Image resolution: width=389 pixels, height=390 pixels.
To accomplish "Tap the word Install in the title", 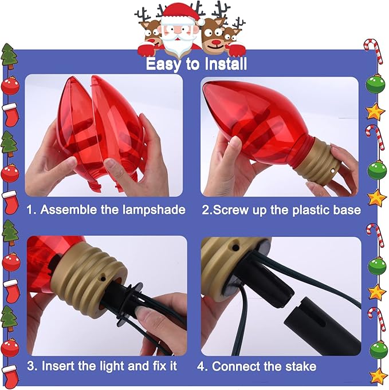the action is pyautogui.click(x=226, y=63).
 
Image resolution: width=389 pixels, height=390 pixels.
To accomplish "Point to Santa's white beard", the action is pyautogui.click(x=178, y=43).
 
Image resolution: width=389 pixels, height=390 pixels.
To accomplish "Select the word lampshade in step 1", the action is pyautogui.click(x=154, y=210).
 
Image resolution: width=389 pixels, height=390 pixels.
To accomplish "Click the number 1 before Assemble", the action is pyautogui.click(x=31, y=210).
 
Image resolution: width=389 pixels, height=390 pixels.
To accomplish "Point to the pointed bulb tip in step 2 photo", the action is pyautogui.click(x=206, y=87).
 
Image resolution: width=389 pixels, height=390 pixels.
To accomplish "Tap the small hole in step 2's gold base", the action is pyautogui.click(x=333, y=171).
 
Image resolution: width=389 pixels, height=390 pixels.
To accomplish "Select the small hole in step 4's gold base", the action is pyautogui.click(x=235, y=248).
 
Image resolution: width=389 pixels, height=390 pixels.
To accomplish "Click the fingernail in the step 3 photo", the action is pyautogui.click(x=141, y=311).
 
